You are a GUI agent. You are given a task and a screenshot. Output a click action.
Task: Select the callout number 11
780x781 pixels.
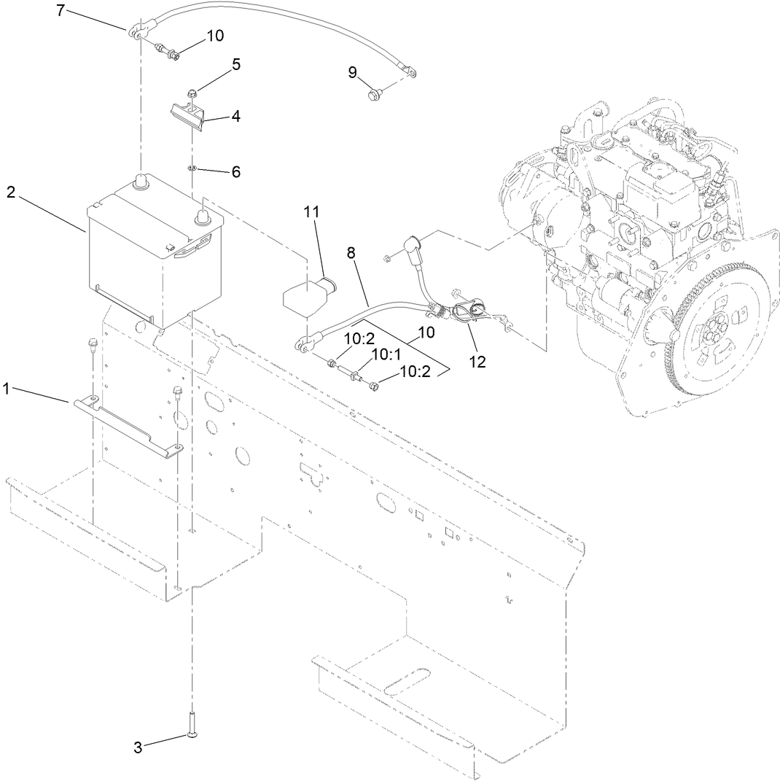[312, 212]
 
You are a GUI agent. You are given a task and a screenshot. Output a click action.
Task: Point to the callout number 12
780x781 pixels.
[478, 360]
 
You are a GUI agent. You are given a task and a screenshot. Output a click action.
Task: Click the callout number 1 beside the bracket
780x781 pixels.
[7, 389]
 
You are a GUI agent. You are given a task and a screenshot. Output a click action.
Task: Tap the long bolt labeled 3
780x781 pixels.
[192, 726]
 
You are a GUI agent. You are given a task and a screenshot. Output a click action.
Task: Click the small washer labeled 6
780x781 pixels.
[192, 168]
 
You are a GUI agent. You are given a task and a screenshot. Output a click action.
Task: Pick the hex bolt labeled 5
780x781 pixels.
[191, 93]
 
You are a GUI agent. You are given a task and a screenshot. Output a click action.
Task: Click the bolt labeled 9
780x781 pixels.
[375, 93]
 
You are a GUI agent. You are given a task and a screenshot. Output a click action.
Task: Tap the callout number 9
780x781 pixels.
[352, 71]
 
